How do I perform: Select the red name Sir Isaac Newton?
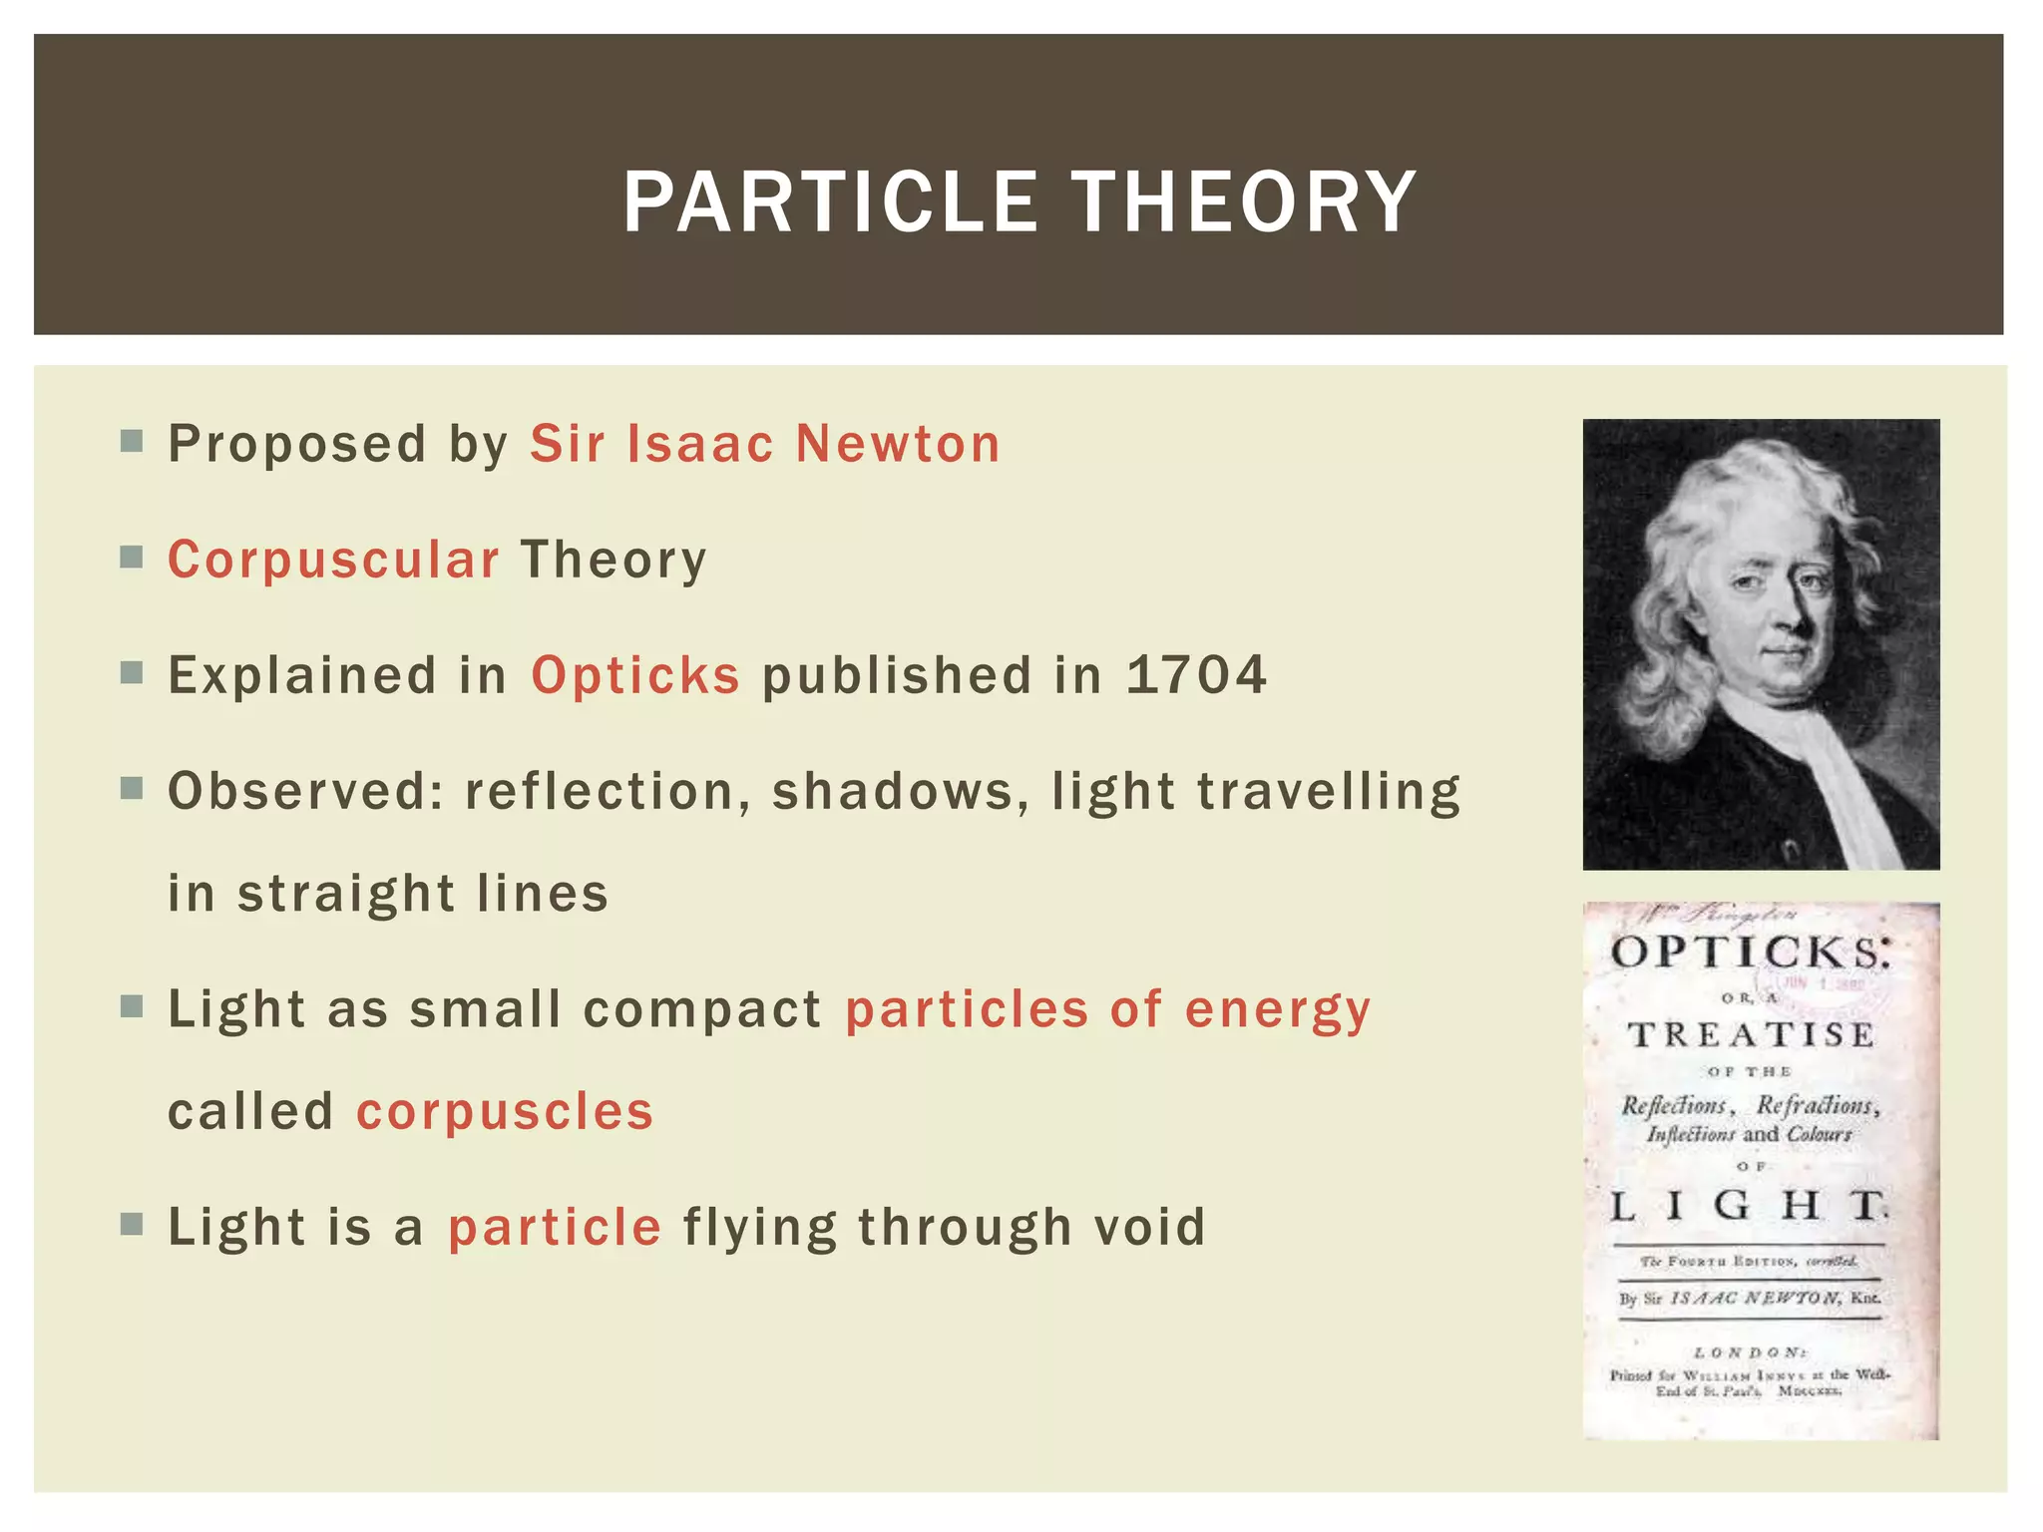[764, 444]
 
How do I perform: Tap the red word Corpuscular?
[333, 560]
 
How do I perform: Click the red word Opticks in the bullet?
[635, 675]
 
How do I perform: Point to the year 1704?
[1196, 675]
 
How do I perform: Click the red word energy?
[1278, 1009]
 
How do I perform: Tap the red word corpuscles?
[505, 1111]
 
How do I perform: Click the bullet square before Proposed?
[132, 441]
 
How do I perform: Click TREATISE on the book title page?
[1751, 1035]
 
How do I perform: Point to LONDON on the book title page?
[1751, 1352]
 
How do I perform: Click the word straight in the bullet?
[344, 894]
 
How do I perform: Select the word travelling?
[1328, 792]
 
